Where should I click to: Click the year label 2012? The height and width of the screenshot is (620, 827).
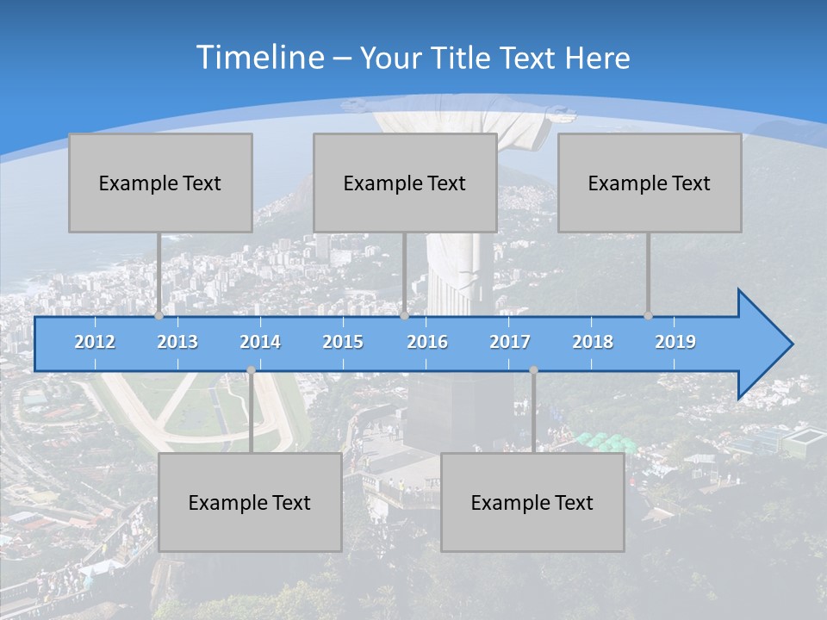[95, 342]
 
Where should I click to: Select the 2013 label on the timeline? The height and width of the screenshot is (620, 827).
[177, 342]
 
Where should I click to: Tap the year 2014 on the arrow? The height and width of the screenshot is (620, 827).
[260, 342]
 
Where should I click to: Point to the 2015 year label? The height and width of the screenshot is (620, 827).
[343, 342]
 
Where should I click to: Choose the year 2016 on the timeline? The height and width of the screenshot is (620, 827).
[427, 342]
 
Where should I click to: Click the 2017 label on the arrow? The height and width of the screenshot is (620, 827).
[510, 342]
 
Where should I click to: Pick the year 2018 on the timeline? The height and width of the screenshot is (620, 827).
[593, 342]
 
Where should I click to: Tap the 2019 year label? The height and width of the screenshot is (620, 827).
[675, 342]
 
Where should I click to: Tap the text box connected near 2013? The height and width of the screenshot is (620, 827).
[160, 183]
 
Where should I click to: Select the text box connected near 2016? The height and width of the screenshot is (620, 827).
[405, 183]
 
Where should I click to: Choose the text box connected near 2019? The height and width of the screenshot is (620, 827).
[650, 183]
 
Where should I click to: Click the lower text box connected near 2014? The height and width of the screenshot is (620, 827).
[250, 502]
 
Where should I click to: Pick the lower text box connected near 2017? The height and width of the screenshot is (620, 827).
[532, 502]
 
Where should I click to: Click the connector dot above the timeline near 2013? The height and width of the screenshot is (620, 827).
[159, 315]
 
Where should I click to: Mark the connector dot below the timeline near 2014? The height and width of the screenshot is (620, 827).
[251, 370]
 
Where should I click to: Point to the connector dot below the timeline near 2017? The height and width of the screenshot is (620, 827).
[533, 370]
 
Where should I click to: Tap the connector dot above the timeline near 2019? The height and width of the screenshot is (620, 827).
[649, 315]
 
